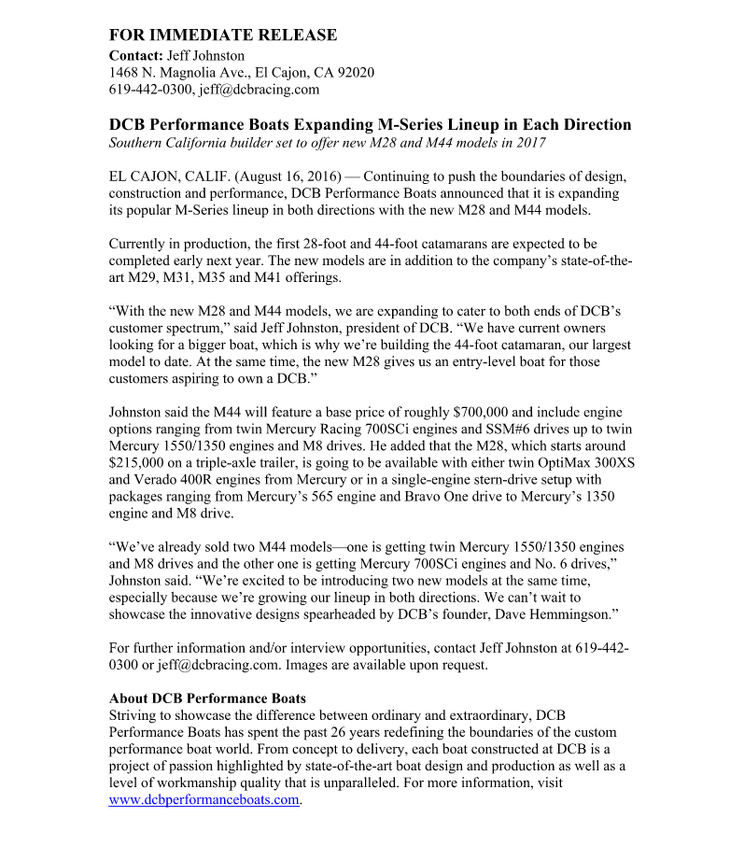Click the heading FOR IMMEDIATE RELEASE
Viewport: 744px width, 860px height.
coord(223,35)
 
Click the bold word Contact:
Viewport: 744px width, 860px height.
coord(136,55)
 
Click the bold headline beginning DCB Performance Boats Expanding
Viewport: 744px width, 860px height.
coord(370,124)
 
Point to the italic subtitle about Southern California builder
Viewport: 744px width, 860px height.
coord(327,143)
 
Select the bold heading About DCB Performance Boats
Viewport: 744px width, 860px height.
coord(207,698)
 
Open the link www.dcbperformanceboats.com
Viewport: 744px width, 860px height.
coord(204,799)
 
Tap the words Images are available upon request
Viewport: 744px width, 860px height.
coord(386,665)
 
